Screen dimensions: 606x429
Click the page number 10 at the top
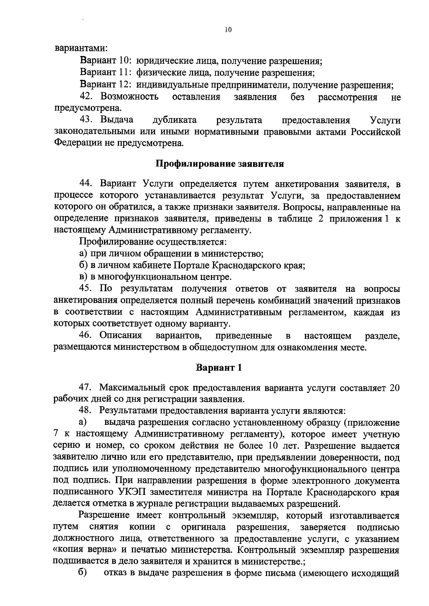click(x=228, y=30)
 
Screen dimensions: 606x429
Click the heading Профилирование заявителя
click(x=220, y=164)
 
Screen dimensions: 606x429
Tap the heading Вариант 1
click(x=219, y=368)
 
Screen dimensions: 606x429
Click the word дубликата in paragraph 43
click(x=175, y=120)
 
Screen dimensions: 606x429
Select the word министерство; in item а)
click(x=232, y=254)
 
